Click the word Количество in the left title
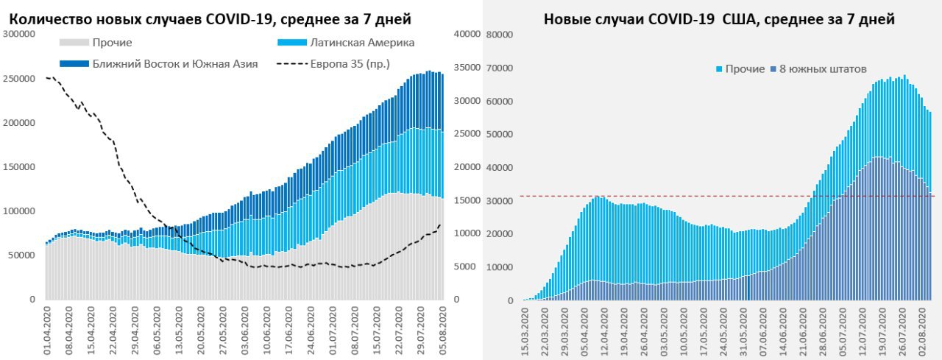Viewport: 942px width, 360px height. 46,18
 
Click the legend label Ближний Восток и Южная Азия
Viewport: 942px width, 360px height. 174,64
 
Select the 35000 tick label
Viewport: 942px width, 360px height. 467,67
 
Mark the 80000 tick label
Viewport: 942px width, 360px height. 500,35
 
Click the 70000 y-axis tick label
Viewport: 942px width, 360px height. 500,68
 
